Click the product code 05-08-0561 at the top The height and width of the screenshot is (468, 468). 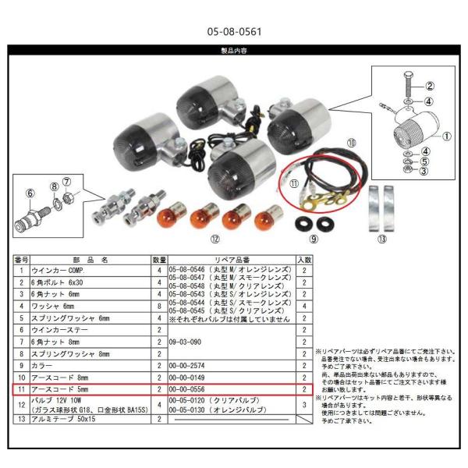click(233, 33)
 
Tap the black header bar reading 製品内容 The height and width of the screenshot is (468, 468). click(233, 50)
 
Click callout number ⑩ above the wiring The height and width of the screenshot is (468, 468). click(352, 144)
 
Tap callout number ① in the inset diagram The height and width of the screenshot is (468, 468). click(447, 134)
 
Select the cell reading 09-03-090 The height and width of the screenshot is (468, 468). click(185, 341)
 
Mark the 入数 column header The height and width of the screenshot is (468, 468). click(303, 259)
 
